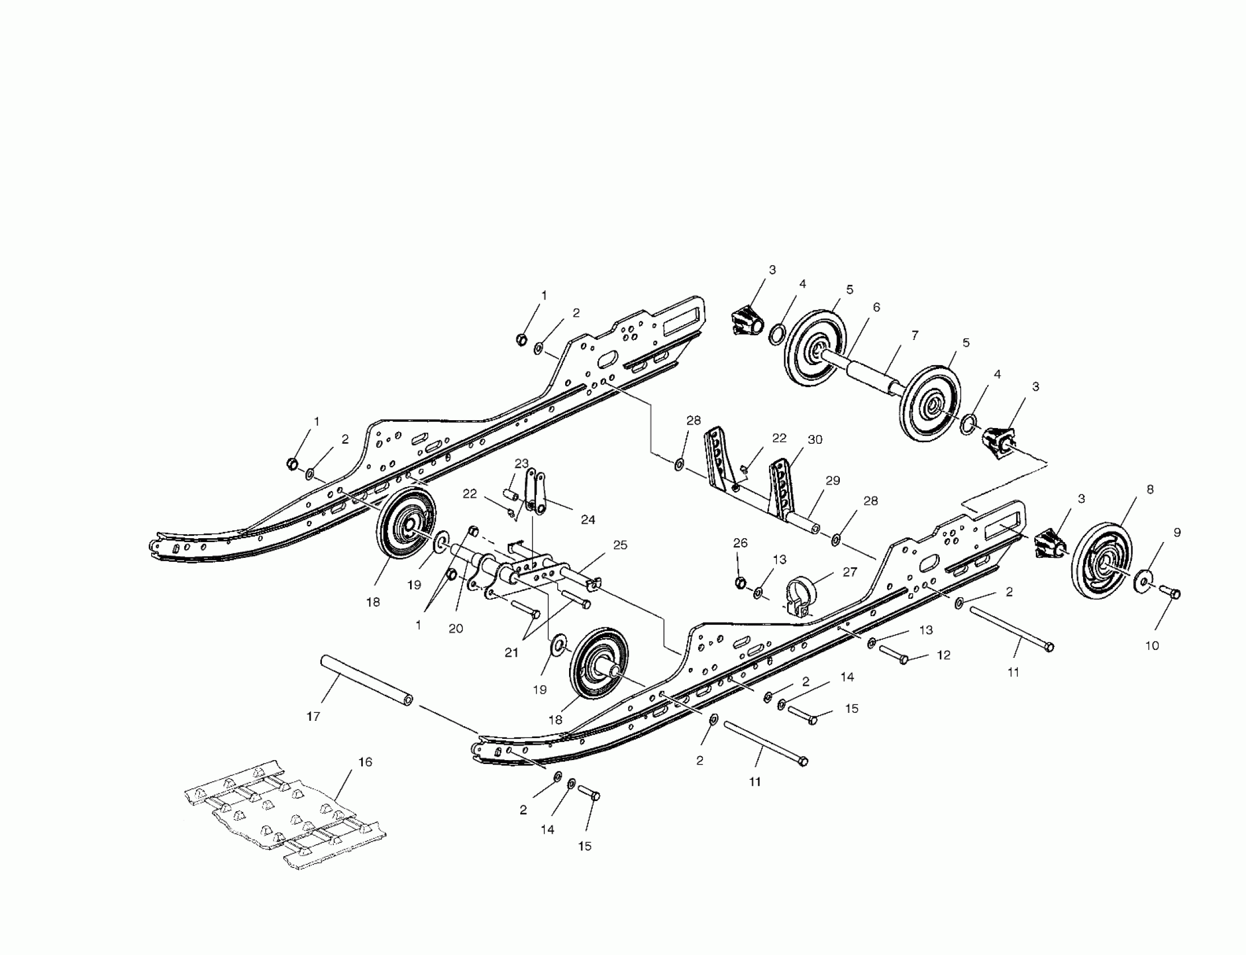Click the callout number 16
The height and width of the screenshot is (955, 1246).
(x=365, y=762)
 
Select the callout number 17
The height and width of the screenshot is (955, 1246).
(x=313, y=716)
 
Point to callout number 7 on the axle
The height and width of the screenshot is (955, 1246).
(x=915, y=335)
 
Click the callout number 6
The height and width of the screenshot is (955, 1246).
(x=876, y=307)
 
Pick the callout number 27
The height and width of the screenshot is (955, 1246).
(x=849, y=572)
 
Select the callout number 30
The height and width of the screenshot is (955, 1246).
(x=815, y=439)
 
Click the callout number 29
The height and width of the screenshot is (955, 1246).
(x=833, y=481)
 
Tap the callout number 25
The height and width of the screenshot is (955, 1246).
(x=620, y=545)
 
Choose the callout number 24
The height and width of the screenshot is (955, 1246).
(x=588, y=520)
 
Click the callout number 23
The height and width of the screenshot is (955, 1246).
(x=522, y=463)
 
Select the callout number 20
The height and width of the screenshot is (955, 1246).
(x=456, y=628)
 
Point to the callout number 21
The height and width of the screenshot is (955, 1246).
(x=512, y=653)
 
